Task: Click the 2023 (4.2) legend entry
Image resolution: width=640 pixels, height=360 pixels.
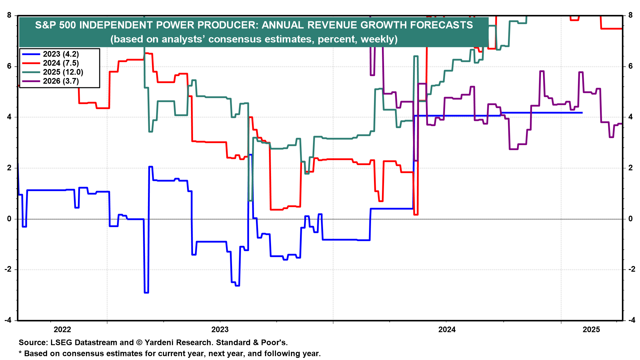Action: [61, 54]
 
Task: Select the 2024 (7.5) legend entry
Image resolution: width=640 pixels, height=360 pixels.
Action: [61, 63]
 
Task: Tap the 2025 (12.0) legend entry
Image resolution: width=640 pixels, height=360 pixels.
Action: [63, 72]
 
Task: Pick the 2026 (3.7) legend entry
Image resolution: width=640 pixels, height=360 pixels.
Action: [61, 81]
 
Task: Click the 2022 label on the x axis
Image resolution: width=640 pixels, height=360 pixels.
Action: [62, 330]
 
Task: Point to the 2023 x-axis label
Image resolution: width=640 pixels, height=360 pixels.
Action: [220, 330]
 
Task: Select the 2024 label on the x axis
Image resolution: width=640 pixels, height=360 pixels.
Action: [447, 330]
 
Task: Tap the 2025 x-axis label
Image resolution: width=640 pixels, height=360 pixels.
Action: [591, 330]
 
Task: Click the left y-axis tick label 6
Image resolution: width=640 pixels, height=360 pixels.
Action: [9, 66]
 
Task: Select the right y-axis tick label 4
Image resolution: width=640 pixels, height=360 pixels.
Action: [630, 117]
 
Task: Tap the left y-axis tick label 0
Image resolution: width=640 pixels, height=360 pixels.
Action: [9, 219]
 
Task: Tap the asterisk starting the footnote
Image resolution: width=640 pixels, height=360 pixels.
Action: [20, 353]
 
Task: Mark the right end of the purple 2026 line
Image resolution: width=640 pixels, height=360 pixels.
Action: [622, 124]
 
